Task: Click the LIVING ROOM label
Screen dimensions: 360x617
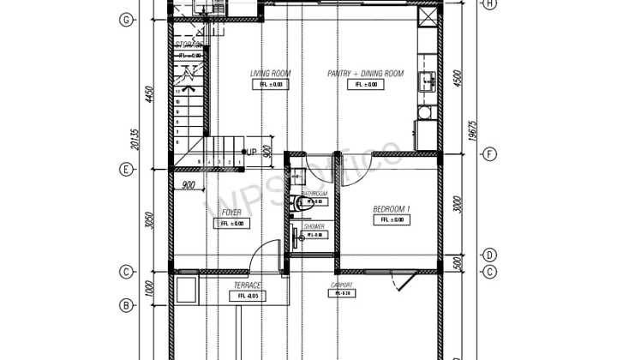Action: click(270, 74)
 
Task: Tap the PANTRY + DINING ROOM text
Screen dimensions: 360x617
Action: click(365, 74)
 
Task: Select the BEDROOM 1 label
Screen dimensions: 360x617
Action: click(391, 209)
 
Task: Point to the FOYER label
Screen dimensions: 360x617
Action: click(231, 212)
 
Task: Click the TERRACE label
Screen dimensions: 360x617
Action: click(248, 285)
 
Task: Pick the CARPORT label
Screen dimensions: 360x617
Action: click(343, 285)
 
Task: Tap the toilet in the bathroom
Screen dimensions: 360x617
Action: click(297, 203)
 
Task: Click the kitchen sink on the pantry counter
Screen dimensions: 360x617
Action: click(426, 81)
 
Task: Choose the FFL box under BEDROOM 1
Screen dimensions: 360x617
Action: click(391, 220)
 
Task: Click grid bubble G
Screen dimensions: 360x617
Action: click(126, 19)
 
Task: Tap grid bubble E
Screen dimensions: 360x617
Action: click(126, 169)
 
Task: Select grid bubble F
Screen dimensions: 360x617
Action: click(489, 155)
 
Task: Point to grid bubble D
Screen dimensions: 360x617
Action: click(489, 255)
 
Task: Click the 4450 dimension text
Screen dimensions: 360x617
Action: click(148, 94)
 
